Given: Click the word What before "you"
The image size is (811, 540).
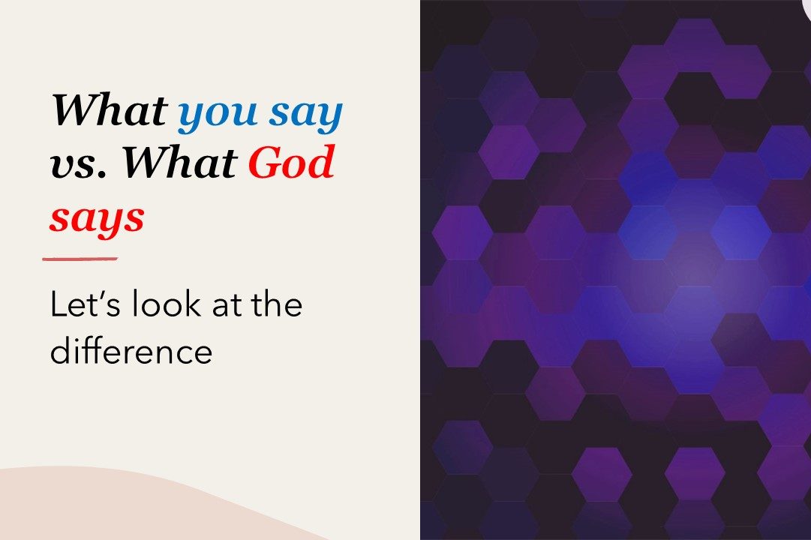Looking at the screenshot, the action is tap(109, 109).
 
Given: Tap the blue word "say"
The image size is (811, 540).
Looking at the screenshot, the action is tap(305, 115).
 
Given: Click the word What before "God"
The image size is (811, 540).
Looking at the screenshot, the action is tap(179, 160).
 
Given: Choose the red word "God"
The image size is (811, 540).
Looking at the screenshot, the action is tap(291, 160).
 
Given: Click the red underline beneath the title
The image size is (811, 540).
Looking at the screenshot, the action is tap(80, 259).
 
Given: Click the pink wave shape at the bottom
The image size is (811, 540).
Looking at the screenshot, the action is tap(129, 509).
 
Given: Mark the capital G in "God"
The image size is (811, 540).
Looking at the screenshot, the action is tap(266, 160).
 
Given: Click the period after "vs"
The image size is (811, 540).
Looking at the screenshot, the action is tap(103, 173).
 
